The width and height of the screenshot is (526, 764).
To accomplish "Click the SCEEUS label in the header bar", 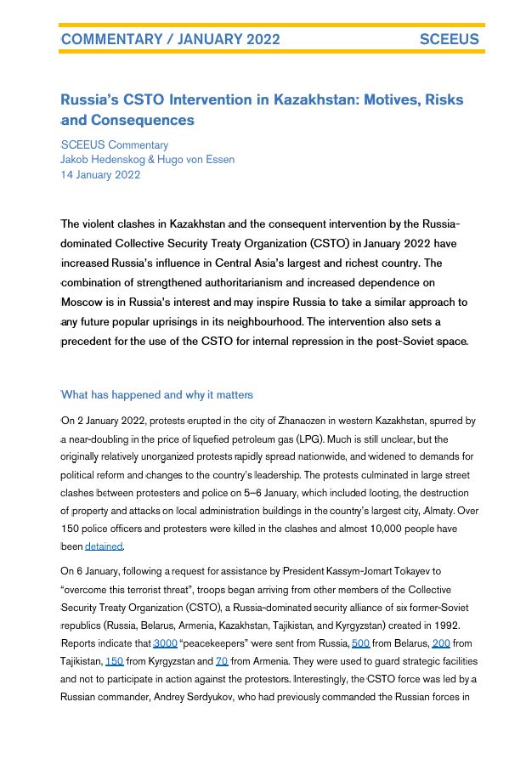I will pyautogui.click(x=449, y=39).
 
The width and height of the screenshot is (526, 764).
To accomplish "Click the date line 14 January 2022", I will pyautogui.click(x=100, y=175).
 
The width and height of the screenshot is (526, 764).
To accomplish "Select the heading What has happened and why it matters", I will pyautogui.click(x=156, y=394).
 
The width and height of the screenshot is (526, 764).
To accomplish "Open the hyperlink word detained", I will pyautogui.click(x=104, y=546).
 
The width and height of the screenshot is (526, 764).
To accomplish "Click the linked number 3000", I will pyautogui.click(x=165, y=643).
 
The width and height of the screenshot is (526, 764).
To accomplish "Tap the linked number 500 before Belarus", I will pyautogui.click(x=360, y=643).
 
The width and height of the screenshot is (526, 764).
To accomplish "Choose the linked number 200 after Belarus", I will pyautogui.click(x=440, y=643).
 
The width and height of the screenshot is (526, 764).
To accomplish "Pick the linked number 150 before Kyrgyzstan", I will pyautogui.click(x=114, y=660).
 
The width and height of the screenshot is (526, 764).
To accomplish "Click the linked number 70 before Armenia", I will pyautogui.click(x=221, y=660).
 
